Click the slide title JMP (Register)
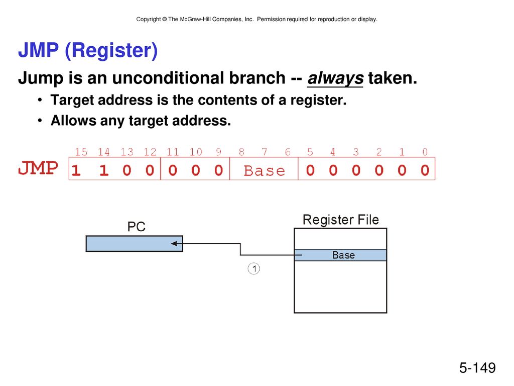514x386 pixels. pos(88,51)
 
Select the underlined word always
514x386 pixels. pos(335,78)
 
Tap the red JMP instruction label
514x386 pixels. pos(38,168)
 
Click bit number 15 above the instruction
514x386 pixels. pos(81,152)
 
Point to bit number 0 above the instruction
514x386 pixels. pos(425,152)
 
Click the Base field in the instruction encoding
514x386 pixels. pos(264,171)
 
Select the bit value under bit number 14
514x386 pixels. pos(104,170)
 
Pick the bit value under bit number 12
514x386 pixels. pos(150,170)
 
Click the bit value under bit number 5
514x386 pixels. pos(310,170)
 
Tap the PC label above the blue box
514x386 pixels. pos(137,227)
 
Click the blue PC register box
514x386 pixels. pos(135,244)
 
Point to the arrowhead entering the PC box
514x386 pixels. pos(174,244)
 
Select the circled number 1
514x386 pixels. pos(253,268)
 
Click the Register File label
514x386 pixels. pos(341,220)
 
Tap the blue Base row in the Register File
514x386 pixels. pos(340,255)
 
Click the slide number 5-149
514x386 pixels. pos(477,367)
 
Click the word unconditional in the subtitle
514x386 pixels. pos(199,78)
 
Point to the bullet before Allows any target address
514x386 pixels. pos(40,121)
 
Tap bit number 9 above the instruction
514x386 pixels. pos(219,152)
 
